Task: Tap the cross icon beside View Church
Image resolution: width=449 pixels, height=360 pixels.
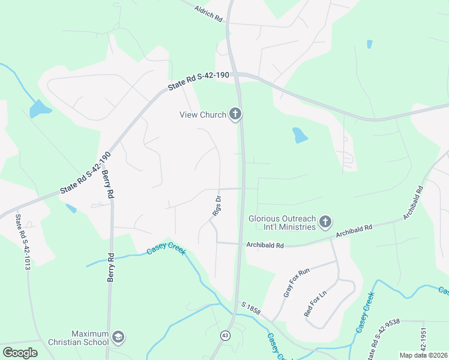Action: tap(235, 114)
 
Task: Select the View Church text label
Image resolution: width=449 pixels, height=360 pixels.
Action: tap(203, 115)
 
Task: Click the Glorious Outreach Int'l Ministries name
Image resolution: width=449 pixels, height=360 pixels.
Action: tap(282, 223)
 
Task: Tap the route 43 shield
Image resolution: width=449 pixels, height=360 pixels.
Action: tap(225, 335)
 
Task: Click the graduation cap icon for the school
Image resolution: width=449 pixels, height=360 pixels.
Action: tap(118, 337)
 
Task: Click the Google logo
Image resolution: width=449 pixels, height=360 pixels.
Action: tap(20, 352)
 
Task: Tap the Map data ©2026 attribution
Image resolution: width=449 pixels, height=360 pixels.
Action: tap(423, 355)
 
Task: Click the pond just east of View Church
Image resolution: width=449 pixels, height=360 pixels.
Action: tap(299, 136)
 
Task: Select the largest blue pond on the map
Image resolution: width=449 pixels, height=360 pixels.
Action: tap(40, 109)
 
